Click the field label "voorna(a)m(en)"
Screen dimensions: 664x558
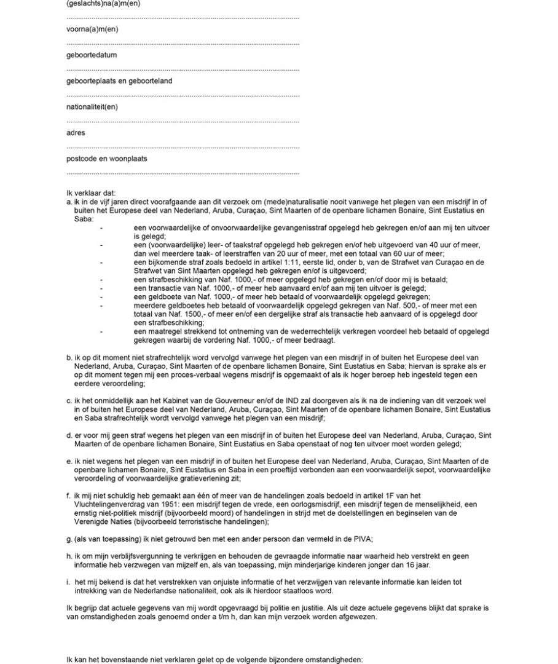tap(92, 29)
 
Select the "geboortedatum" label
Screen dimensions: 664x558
tap(92, 55)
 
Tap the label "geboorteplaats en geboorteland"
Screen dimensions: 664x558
tap(119, 81)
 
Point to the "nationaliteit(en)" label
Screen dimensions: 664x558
tap(92, 106)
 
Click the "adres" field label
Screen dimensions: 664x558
tap(76, 132)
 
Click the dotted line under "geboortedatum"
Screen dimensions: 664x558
tap(183, 69)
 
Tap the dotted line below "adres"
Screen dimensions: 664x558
tap(183, 148)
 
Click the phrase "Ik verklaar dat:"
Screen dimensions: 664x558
tap(91, 193)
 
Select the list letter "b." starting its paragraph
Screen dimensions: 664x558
tap(69, 357)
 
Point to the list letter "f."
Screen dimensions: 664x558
tap(69, 496)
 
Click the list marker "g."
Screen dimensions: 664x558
tap(69, 539)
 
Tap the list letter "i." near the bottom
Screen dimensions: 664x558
tap(68, 582)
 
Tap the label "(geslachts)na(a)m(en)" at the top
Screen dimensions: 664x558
tap(103, 4)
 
